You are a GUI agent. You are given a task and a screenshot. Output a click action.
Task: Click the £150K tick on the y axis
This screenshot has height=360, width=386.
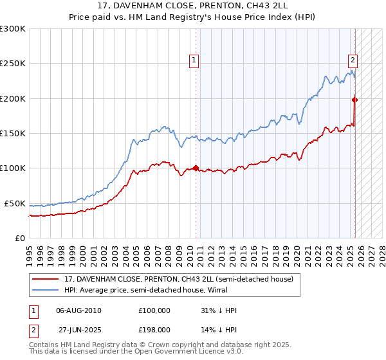[x=13, y=133]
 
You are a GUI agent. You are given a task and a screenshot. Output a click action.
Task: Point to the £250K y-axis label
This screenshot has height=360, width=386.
[x=13, y=64]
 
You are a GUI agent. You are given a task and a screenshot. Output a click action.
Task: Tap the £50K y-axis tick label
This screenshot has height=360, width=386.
[x=15, y=203]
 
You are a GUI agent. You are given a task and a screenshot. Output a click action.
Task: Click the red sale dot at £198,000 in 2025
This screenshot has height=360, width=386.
[x=354, y=100]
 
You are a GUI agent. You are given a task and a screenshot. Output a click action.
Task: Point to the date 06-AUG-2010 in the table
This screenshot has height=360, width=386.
[x=78, y=310]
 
